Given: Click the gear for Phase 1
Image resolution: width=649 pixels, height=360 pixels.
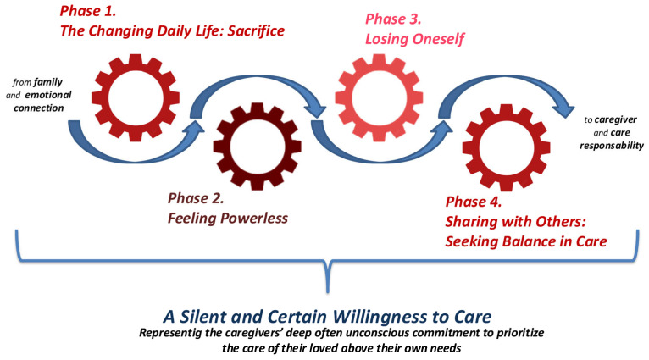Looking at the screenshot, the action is point(135,85).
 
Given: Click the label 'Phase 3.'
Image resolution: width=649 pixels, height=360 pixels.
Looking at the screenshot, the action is point(394,18).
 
